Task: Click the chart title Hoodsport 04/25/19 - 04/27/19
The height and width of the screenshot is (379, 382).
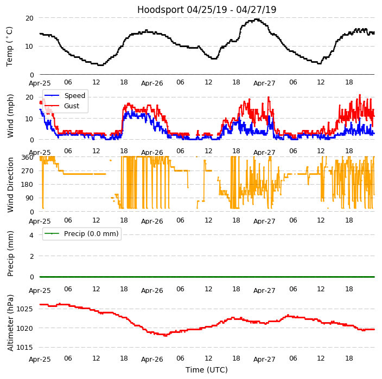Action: tap(206, 10)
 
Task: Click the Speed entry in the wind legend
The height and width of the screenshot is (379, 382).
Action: tap(74, 96)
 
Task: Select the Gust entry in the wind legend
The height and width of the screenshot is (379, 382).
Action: tap(71, 106)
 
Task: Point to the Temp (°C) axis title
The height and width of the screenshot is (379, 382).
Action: tap(10, 46)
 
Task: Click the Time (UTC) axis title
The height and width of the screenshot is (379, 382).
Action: tap(206, 370)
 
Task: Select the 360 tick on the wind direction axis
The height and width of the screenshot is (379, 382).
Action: tap(27, 157)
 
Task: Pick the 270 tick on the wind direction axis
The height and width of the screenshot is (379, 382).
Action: tap(27, 171)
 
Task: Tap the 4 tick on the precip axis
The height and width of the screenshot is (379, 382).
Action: tap(31, 235)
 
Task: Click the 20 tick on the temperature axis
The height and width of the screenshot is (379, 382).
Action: tap(29, 18)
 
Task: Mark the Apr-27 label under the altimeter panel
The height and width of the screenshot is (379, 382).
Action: tap(264, 359)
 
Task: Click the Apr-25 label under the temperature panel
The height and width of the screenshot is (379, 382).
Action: tap(40, 83)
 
